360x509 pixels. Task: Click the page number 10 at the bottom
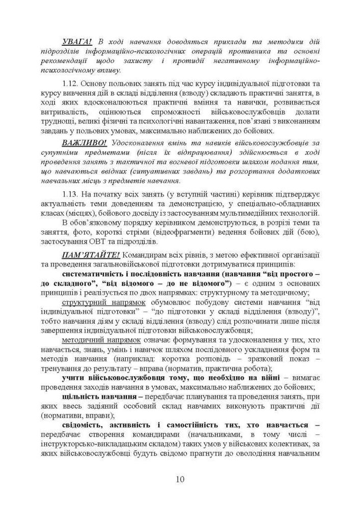[x=180, y=479]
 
